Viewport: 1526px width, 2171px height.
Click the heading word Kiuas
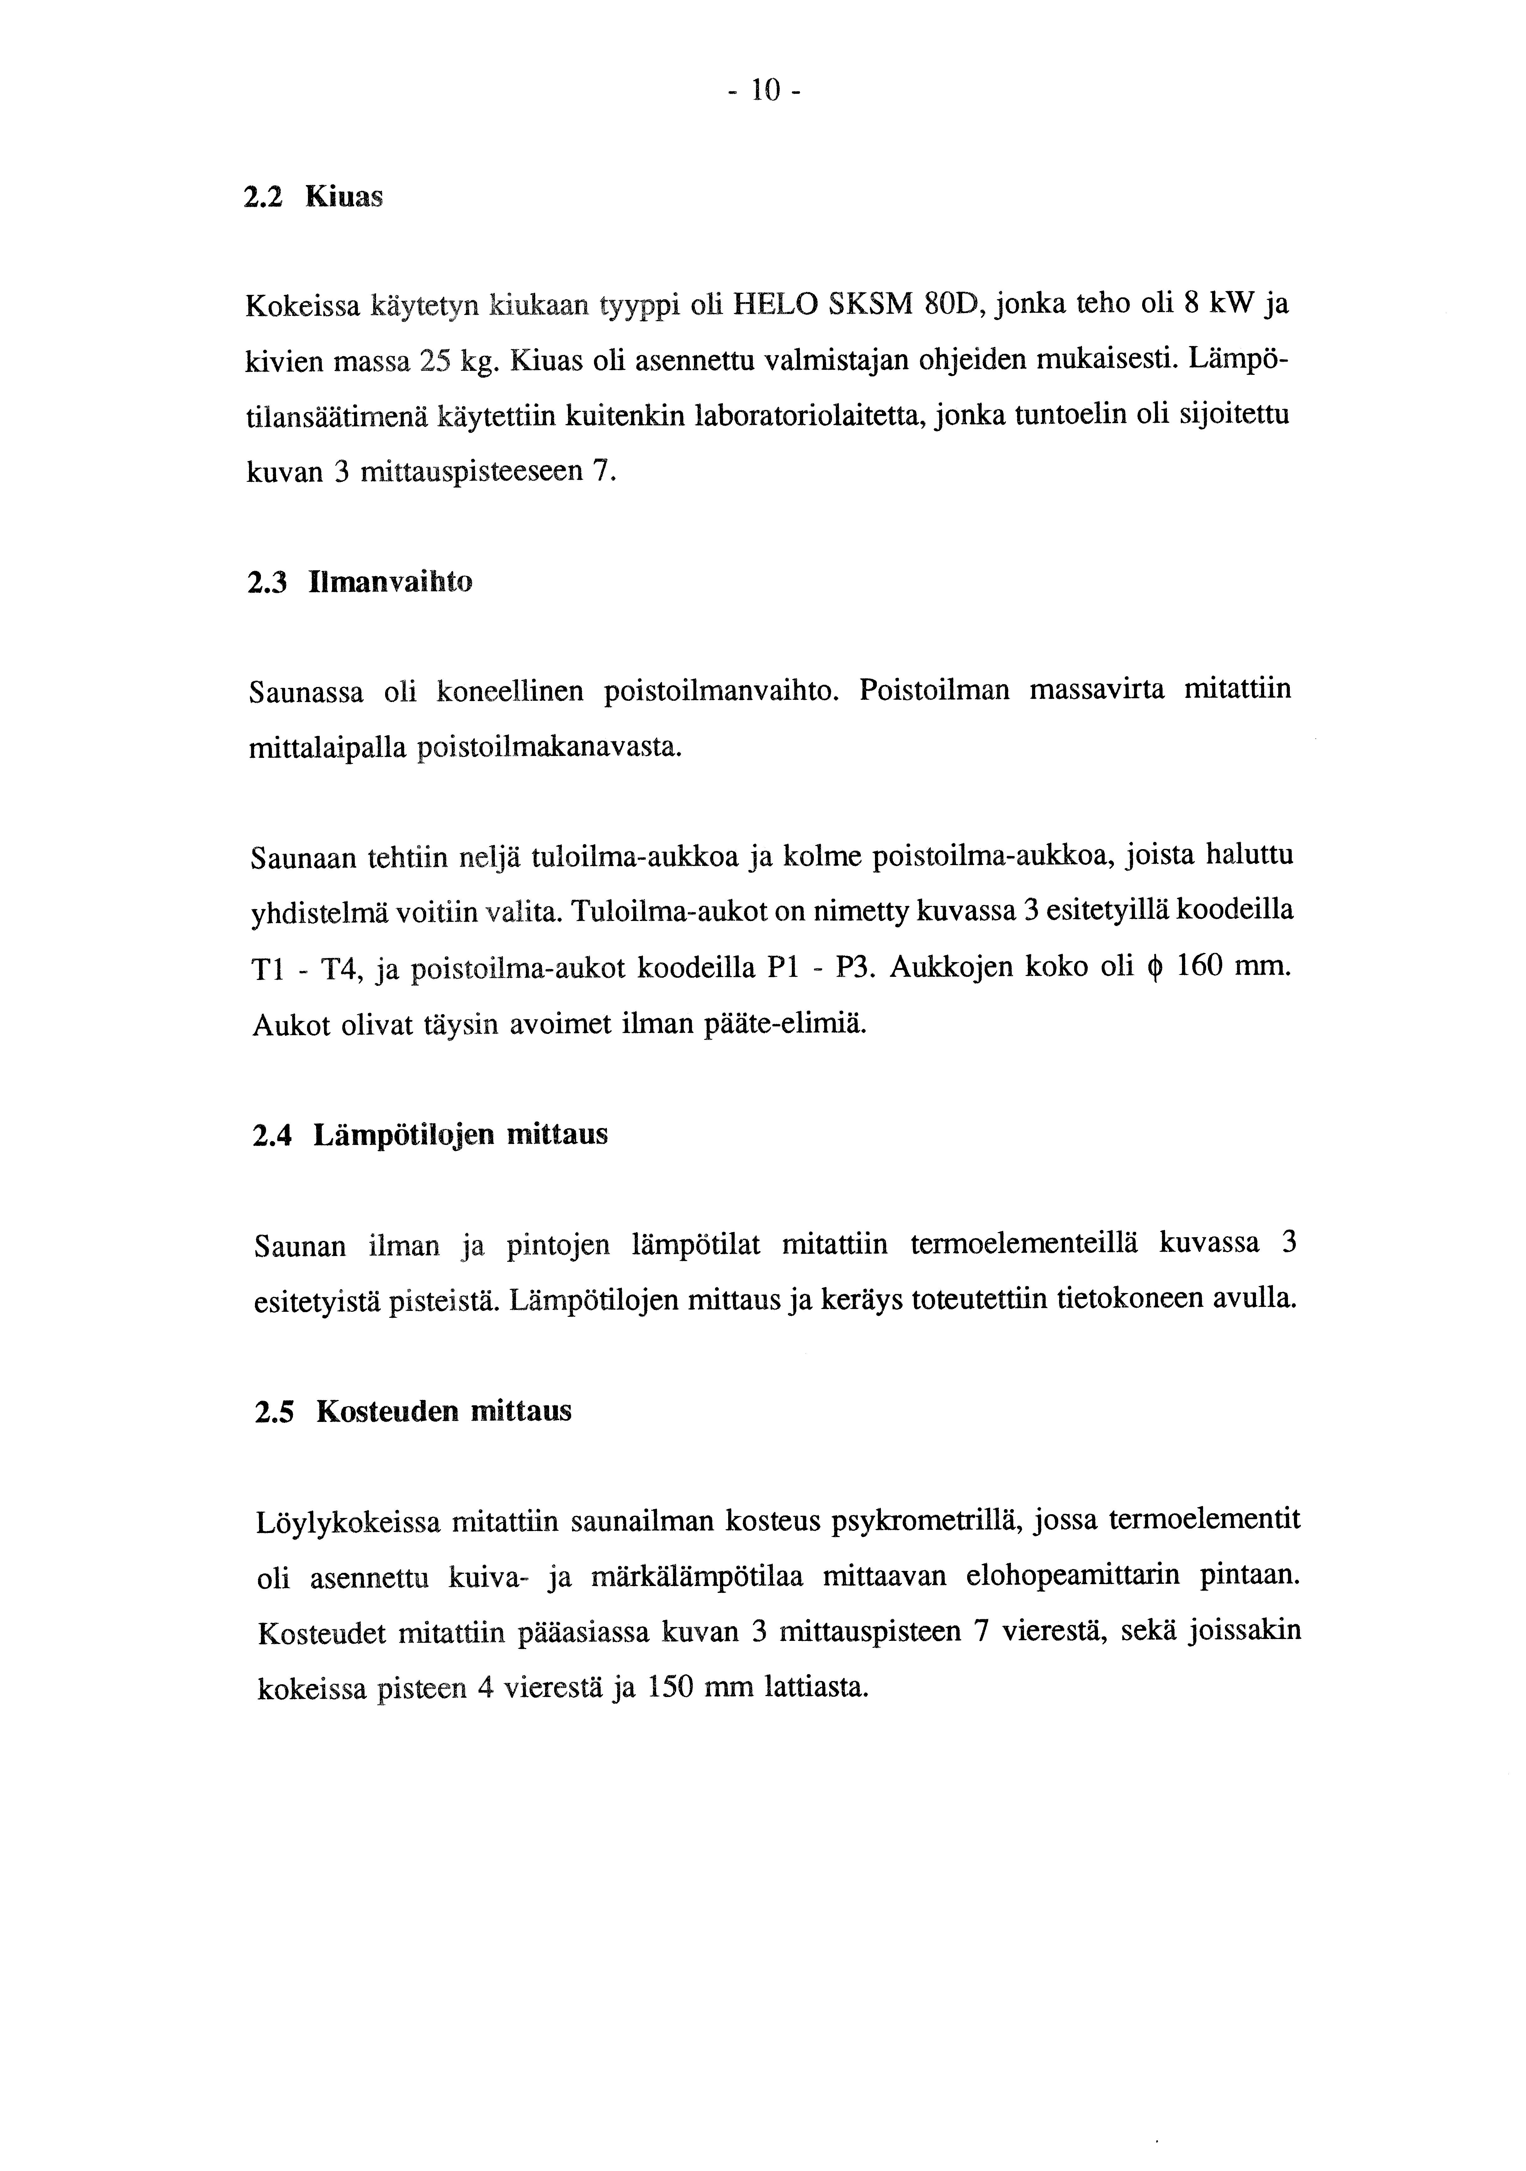point(344,198)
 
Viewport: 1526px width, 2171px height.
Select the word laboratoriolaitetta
point(835,416)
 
